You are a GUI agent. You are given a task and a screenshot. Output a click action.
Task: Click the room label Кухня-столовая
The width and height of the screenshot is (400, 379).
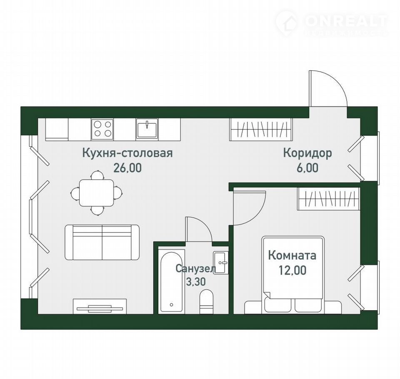(127, 153)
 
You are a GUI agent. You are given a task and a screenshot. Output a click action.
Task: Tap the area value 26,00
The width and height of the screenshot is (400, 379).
(127, 168)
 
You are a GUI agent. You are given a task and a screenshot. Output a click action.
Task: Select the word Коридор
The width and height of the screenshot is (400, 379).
(307, 153)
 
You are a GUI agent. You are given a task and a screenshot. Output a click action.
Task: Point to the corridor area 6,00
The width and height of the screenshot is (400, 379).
(307, 168)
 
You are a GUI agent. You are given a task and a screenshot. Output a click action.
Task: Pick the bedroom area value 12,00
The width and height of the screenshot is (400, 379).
(292, 270)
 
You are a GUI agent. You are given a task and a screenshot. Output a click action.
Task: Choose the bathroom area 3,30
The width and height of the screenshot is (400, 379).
(196, 282)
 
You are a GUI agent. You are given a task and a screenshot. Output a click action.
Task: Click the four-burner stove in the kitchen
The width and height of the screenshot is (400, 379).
(102, 129)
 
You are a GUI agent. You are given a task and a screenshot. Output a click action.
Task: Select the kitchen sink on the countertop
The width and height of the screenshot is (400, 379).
(147, 129)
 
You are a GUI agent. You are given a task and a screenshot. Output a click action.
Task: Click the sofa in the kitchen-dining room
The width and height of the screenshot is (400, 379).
(102, 242)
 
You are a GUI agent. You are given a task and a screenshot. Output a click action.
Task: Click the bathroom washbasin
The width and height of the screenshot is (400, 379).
(221, 263)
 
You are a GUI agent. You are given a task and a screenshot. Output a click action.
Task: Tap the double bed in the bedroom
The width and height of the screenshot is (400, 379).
(293, 275)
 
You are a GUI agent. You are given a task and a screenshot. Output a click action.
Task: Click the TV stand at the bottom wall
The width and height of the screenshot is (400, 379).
(100, 306)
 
